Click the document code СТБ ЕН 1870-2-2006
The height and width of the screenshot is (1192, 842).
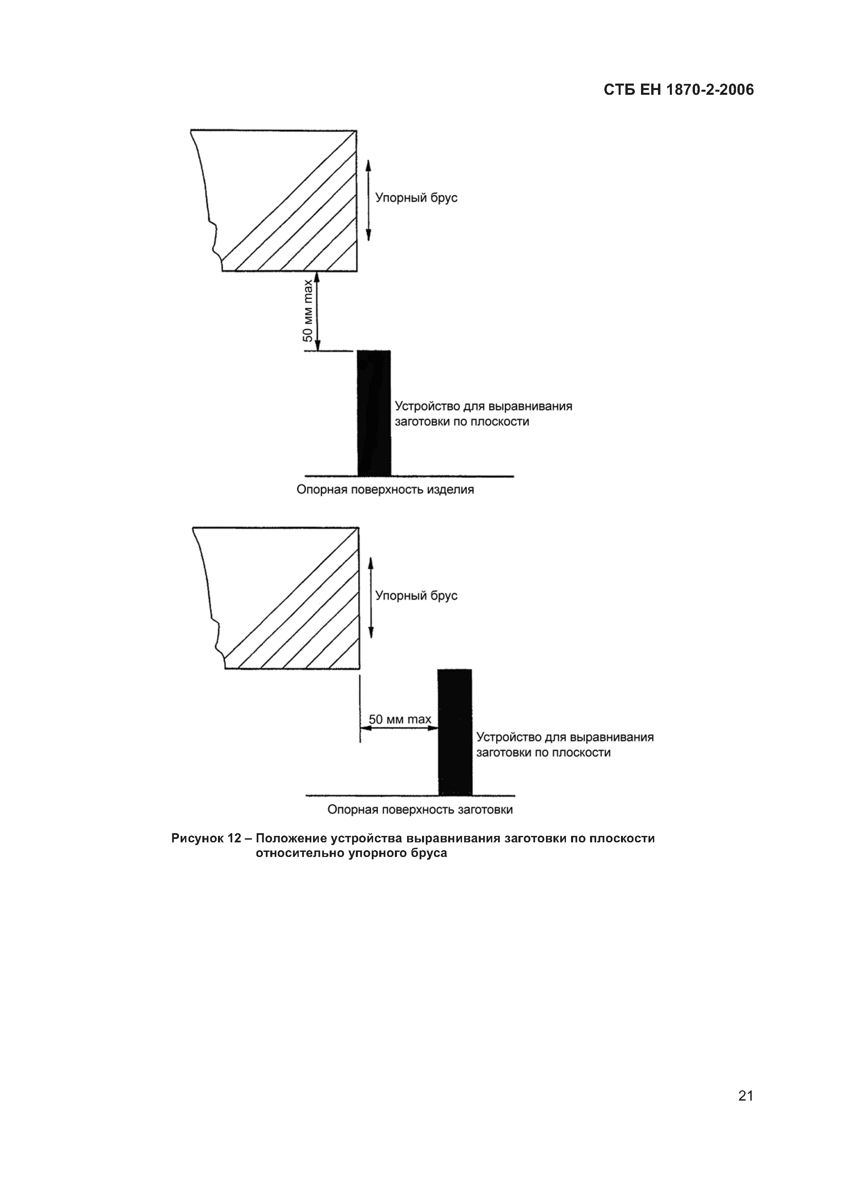pos(679,90)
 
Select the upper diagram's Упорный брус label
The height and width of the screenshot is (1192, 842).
pos(416,198)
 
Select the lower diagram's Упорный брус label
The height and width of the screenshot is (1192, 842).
pos(416,595)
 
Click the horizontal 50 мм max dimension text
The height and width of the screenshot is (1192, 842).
pos(400,719)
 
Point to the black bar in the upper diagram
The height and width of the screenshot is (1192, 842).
pos(374,413)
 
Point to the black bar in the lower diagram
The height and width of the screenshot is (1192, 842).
pos(455,732)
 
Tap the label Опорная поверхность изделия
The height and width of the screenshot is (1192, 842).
pos(385,490)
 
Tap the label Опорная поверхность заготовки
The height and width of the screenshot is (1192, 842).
pos(420,809)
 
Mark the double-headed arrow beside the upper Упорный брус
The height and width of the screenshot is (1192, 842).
pos(368,200)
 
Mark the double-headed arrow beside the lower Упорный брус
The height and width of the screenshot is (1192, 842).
pos(370,598)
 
